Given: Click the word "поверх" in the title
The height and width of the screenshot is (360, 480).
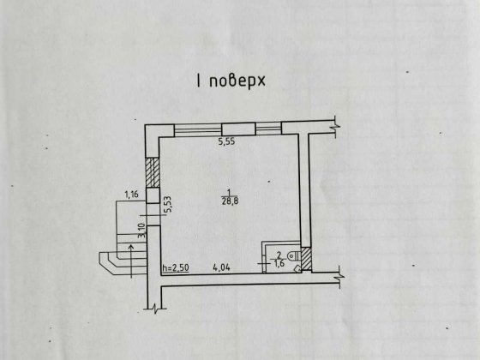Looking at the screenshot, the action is coord(237,81).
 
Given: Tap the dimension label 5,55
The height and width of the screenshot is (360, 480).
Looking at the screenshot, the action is coord(226,141).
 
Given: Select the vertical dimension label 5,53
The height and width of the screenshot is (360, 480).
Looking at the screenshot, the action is coord(168,205).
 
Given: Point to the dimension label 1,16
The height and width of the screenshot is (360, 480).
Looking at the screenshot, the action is coord(132,195).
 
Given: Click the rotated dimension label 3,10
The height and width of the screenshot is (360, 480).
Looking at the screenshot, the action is coord(141,231).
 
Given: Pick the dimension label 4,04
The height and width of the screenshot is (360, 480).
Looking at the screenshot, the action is coord(221,267).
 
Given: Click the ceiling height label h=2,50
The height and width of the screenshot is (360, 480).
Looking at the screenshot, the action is coord(176,267).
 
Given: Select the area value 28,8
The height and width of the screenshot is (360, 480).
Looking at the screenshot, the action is coord(230,201).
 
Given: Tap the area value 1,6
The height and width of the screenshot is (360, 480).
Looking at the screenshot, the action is coord(279,263).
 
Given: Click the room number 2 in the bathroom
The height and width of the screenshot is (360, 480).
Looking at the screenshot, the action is coord(279,255).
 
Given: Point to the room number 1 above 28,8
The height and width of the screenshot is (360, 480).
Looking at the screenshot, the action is coord(229,192).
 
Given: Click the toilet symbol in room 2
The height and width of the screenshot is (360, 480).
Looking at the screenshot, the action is coord(294,255).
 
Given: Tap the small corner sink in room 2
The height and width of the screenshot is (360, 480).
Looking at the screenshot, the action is coord(297,268).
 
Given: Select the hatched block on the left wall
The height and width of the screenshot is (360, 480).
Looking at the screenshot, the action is coord(153,172).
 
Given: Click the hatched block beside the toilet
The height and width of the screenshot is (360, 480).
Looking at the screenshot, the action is coord(306,259).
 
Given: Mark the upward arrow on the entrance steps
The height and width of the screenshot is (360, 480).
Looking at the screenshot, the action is coord(131,261).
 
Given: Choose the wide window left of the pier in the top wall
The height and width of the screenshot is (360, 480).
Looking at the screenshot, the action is coord(198,129).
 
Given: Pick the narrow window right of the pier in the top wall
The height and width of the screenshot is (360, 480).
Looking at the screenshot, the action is coord(268,129).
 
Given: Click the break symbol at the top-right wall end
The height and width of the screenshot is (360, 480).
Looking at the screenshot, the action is coord(337,126).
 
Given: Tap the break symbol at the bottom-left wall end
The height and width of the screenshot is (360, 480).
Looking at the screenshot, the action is coord(155,309).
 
